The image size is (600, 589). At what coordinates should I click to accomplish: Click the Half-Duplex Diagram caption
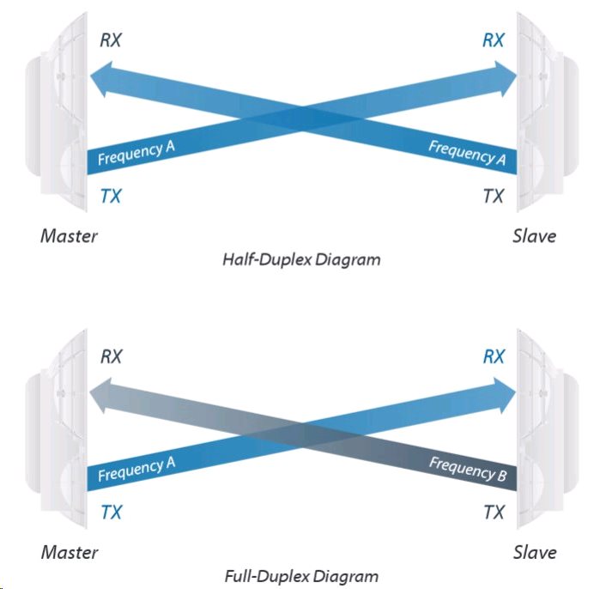(x=300, y=258)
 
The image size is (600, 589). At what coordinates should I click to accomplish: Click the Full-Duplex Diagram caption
(x=300, y=576)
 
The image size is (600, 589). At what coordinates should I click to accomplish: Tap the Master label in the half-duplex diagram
(x=69, y=235)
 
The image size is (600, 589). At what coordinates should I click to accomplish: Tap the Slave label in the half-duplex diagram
(x=534, y=235)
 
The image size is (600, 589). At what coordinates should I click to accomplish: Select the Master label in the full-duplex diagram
(x=69, y=552)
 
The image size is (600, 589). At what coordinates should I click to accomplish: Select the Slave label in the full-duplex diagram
(x=534, y=552)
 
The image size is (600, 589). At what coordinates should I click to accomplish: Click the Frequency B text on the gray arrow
(x=468, y=470)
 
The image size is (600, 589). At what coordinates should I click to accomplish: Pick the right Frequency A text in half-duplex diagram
(x=467, y=153)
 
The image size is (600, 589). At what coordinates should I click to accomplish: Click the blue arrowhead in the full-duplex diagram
(x=506, y=392)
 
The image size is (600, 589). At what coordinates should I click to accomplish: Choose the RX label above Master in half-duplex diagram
(x=112, y=39)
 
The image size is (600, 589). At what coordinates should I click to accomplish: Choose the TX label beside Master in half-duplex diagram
(x=111, y=196)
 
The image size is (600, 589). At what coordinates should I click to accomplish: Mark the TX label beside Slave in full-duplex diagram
(x=494, y=513)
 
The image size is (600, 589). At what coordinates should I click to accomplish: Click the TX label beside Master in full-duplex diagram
(x=111, y=513)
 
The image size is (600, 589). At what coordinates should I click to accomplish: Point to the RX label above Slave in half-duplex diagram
(x=494, y=39)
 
